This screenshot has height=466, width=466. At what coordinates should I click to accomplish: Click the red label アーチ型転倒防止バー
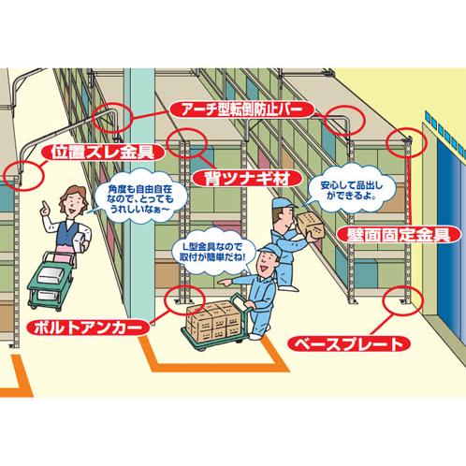[x=242, y=109]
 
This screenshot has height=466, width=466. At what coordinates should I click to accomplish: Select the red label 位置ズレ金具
[x=103, y=153]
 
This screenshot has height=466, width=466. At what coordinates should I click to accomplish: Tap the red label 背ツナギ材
[x=247, y=179]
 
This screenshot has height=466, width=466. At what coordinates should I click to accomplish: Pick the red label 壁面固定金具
[x=400, y=235]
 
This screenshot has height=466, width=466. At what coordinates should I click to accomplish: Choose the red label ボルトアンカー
[x=88, y=328]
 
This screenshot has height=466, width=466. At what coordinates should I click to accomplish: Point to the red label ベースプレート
[x=348, y=344]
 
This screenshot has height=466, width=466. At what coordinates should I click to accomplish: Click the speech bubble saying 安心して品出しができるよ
[x=352, y=191]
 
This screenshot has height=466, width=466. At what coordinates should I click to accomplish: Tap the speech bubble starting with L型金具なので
[x=212, y=253]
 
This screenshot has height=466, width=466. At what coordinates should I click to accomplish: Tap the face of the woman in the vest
[x=71, y=204]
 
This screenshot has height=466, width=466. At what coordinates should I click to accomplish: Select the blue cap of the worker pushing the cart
[x=268, y=250]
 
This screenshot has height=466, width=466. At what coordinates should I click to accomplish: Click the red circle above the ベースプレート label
[x=403, y=300]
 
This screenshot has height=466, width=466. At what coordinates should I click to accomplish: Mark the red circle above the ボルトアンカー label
[x=184, y=299]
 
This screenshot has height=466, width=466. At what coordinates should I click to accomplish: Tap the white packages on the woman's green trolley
[x=50, y=282]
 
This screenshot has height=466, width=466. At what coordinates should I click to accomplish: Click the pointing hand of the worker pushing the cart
[x=224, y=283]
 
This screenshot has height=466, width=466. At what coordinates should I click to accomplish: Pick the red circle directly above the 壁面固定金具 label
[x=406, y=142]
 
